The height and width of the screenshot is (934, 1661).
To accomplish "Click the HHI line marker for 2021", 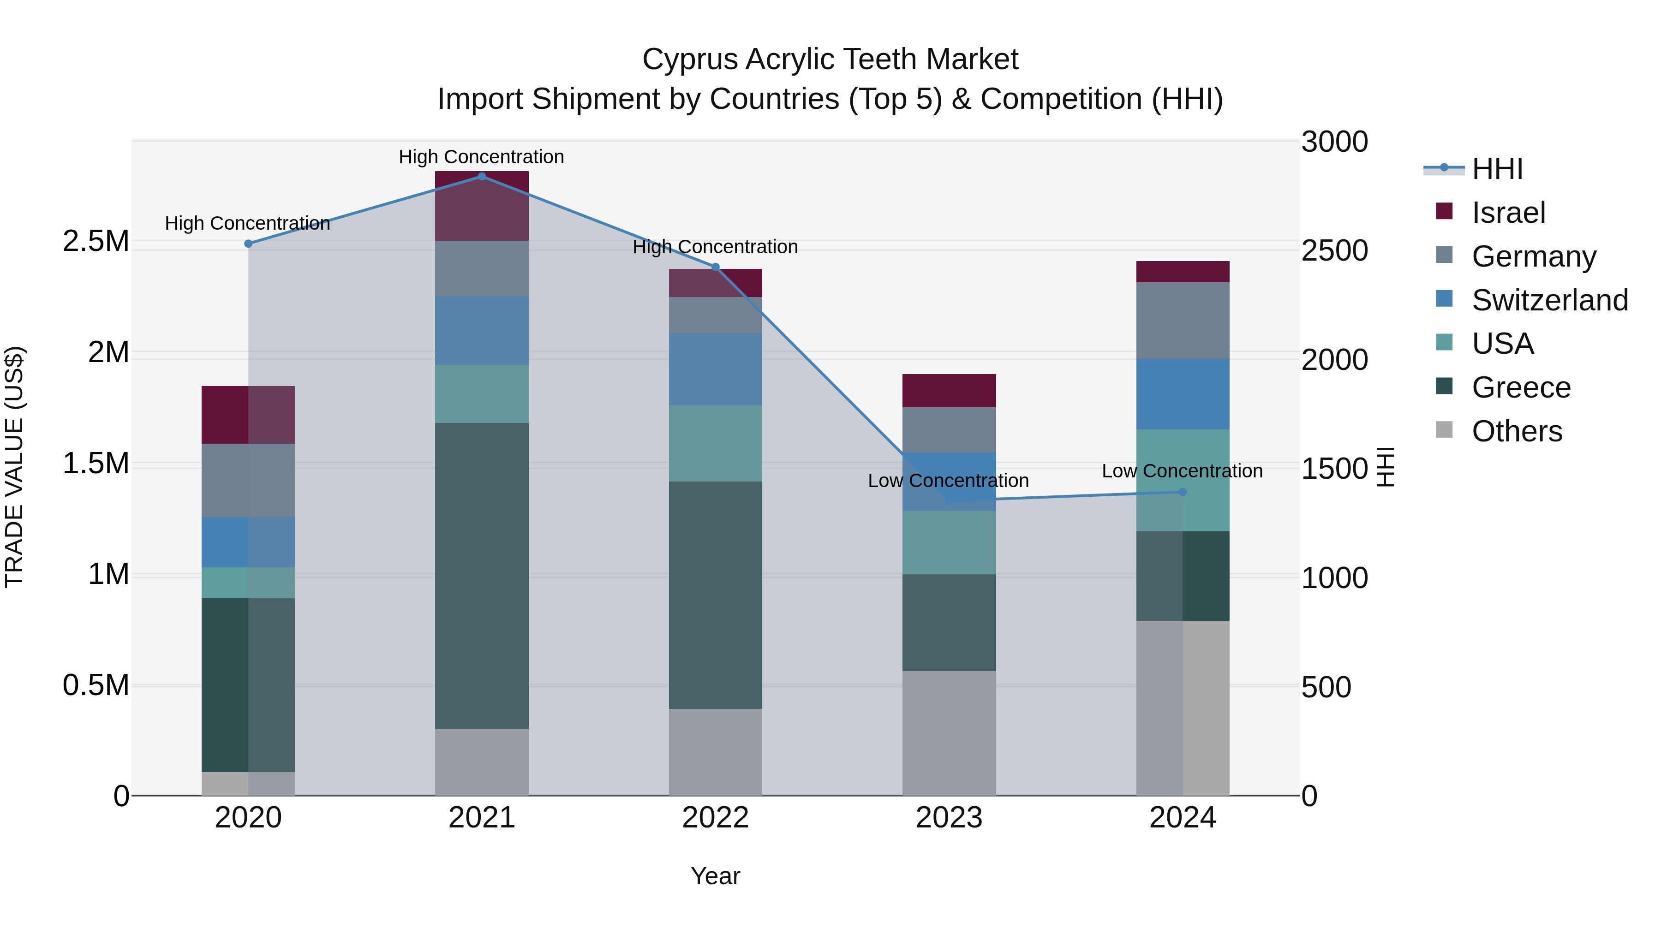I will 482,177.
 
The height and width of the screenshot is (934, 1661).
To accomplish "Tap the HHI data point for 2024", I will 1183,492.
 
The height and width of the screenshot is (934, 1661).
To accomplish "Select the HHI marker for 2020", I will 248,244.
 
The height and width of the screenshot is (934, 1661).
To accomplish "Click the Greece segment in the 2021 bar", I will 482,576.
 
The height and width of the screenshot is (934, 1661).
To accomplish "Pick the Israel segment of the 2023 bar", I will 949,391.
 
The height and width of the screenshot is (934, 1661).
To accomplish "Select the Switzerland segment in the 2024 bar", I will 1183,394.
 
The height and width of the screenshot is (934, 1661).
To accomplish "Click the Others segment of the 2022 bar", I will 715,752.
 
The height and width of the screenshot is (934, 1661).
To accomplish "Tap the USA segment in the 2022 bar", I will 715,443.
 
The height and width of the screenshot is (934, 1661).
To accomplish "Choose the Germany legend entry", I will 1533,256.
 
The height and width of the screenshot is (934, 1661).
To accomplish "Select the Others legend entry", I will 1517,431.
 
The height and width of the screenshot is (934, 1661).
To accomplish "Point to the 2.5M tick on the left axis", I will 96,242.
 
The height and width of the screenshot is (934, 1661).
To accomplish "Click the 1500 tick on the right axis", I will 1334,469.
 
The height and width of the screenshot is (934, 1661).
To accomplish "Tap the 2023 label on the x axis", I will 949,818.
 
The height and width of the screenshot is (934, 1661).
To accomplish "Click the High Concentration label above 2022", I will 715,247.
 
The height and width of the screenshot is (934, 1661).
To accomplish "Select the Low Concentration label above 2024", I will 1182,471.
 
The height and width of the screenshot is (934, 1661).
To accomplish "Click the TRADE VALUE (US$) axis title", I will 15,467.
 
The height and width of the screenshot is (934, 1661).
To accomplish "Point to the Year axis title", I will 715,876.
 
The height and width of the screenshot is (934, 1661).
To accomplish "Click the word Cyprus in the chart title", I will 689,59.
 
